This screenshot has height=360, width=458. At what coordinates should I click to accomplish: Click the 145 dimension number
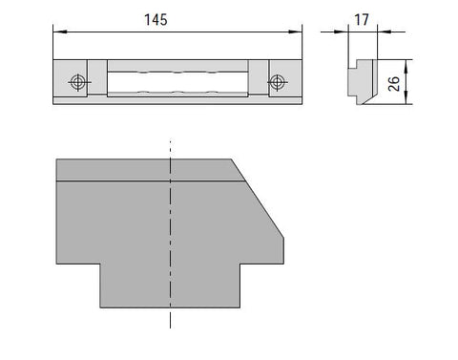click(x=156, y=20)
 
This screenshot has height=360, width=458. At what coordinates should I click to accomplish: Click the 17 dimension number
click(x=362, y=20)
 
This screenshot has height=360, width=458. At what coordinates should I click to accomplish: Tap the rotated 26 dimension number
click(x=394, y=84)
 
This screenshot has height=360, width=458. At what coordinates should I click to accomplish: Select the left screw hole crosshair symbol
click(x=78, y=82)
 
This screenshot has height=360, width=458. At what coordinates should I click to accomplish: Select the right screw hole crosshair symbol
click(x=277, y=82)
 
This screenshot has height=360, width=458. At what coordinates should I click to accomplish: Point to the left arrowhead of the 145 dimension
click(x=60, y=32)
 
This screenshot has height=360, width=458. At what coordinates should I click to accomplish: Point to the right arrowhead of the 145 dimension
click(x=295, y=32)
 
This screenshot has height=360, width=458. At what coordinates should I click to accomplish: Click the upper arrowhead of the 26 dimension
click(x=406, y=67)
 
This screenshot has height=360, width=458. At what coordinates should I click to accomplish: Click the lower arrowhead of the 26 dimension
click(x=406, y=97)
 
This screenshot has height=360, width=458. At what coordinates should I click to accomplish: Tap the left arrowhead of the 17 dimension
click(x=342, y=32)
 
